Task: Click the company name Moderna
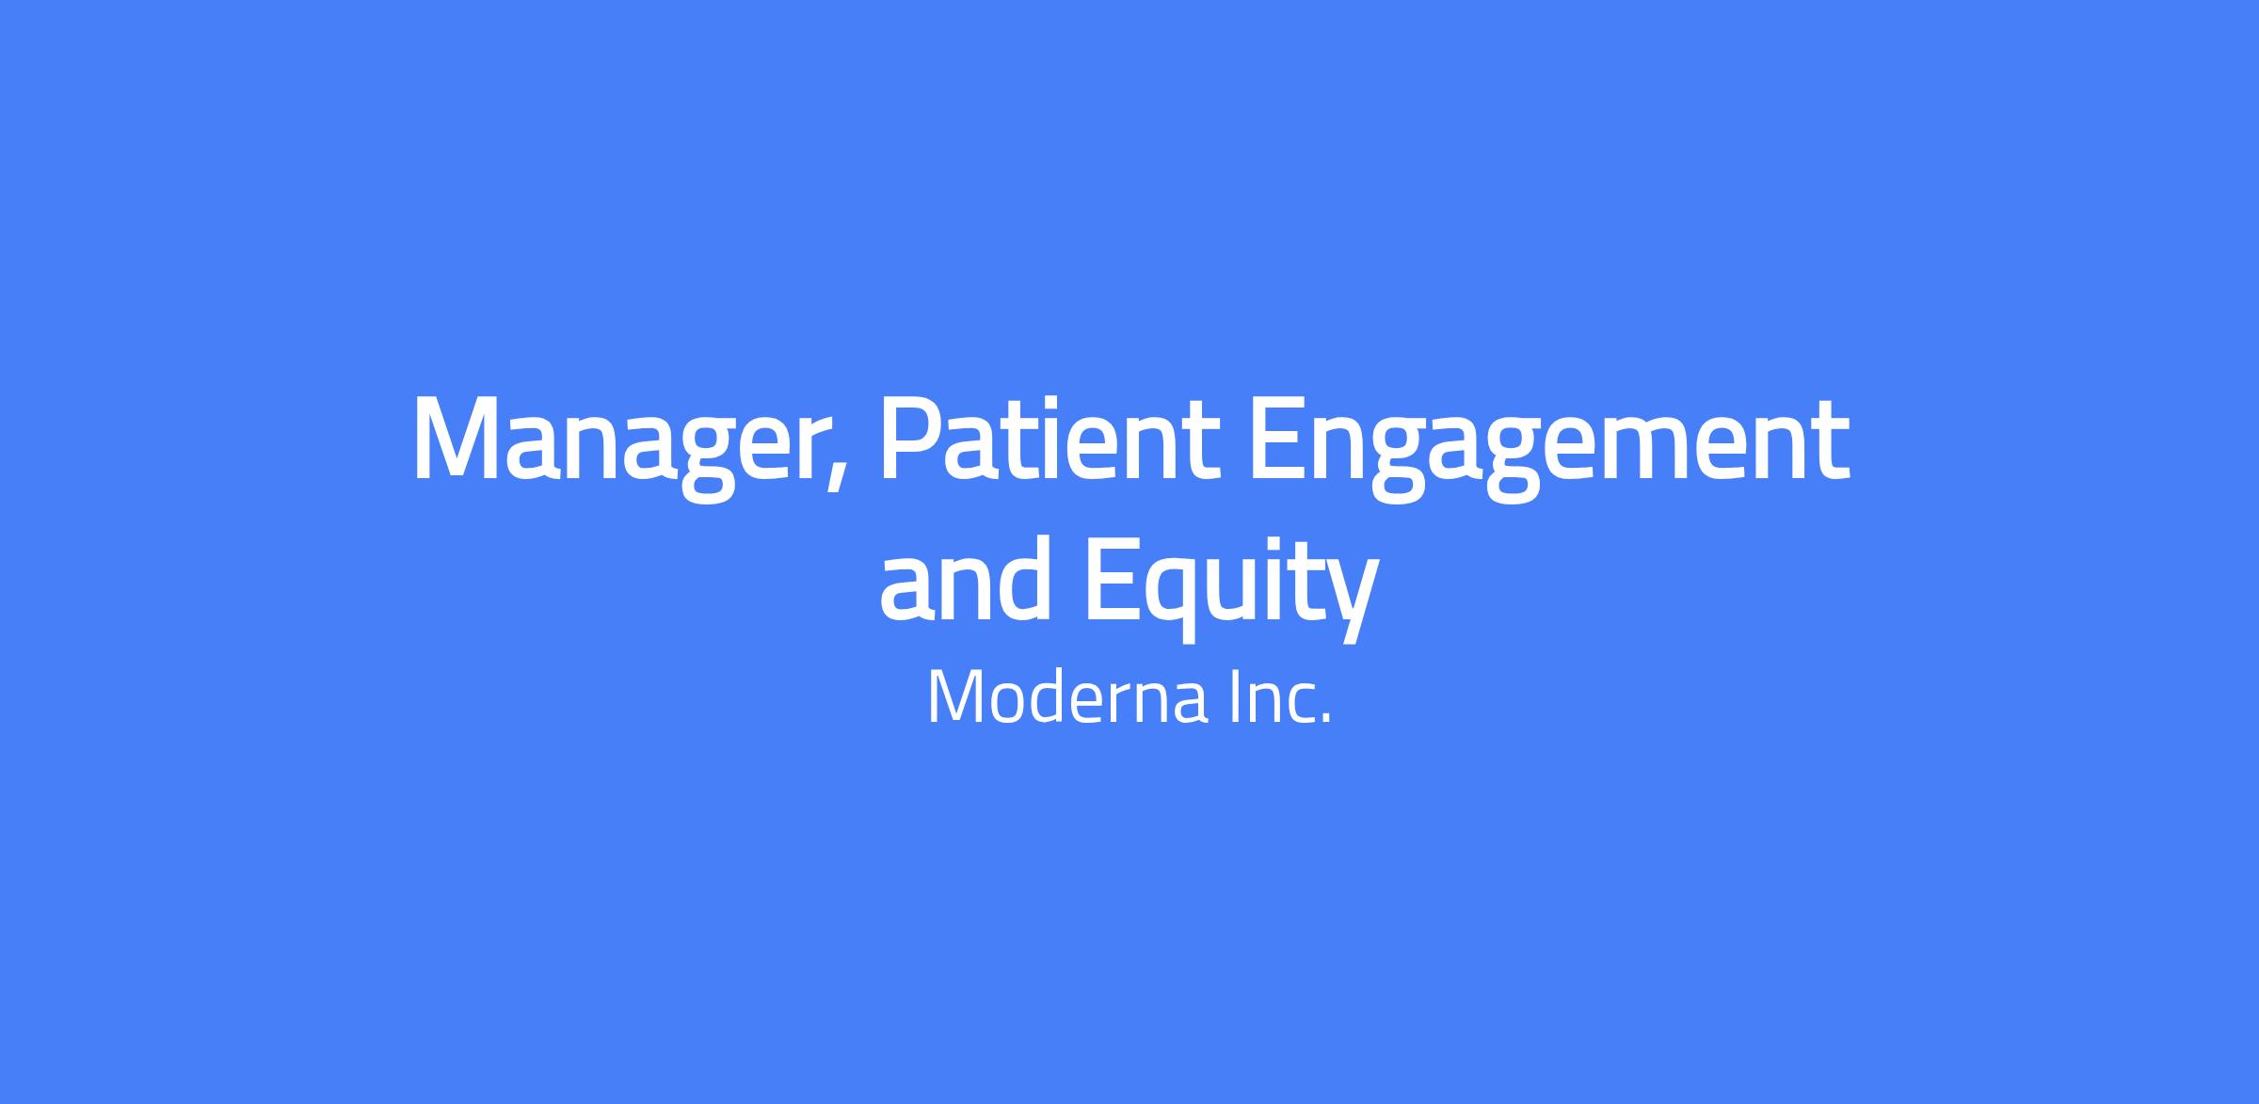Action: pos(1066,697)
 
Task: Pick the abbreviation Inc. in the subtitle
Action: pos(1281,697)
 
